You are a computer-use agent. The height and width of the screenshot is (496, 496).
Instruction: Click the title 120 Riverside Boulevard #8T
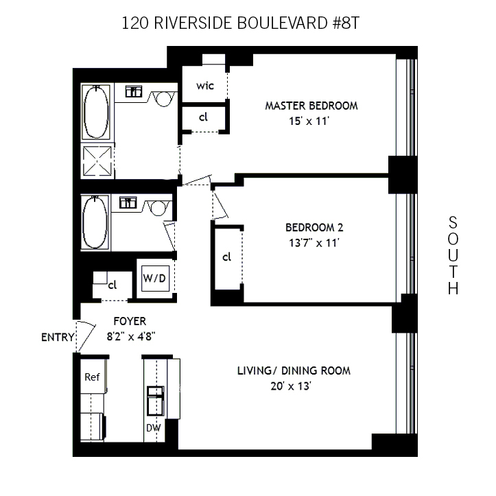pos(240,23)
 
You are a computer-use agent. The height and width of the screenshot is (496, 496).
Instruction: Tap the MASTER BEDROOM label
pos(311,106)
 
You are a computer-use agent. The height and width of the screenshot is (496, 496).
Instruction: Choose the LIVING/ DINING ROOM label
pos(294,370)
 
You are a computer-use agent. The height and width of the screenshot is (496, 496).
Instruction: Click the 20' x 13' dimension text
pos(294,386)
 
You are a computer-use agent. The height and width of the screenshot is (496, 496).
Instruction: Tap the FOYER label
pos(130,321)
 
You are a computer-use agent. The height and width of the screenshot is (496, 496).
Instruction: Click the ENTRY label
pos(57,337)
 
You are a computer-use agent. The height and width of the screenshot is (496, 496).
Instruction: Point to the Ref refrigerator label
pos(92,377)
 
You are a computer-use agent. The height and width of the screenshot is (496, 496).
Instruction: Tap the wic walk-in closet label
pos(204,86)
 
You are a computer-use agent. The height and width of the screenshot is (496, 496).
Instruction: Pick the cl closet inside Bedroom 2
pos(226,257)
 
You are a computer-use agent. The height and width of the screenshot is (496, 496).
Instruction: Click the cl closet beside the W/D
pos(111,284)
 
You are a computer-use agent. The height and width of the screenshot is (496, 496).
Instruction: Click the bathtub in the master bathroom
pos(97,113)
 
